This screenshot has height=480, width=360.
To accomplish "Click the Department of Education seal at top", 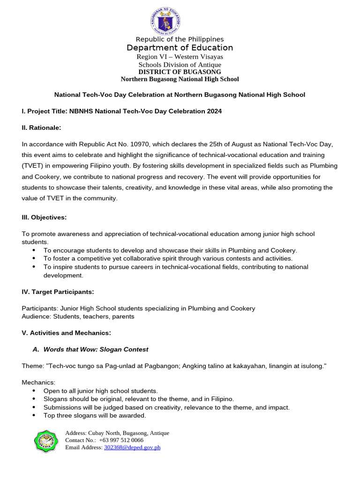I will tap(165, 21).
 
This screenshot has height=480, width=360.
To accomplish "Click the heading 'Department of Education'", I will tap(180, 48).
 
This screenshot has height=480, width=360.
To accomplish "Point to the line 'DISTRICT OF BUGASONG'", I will tap(180, 72).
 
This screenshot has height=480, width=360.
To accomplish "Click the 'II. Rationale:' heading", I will tap(42, 127).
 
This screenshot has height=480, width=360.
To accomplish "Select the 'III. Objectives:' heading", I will tap(44, 217).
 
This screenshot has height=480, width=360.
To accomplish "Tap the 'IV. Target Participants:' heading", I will tap(58, 292).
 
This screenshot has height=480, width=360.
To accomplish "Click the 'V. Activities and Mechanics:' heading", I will tap(66, 333).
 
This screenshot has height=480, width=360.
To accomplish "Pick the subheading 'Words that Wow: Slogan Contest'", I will tap(96, 349).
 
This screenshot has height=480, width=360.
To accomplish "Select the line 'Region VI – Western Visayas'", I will tap(180, 57).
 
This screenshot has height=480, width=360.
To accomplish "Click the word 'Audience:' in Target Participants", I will tap(37, 316).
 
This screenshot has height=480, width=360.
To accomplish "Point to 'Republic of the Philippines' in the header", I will tap(180, 39).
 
